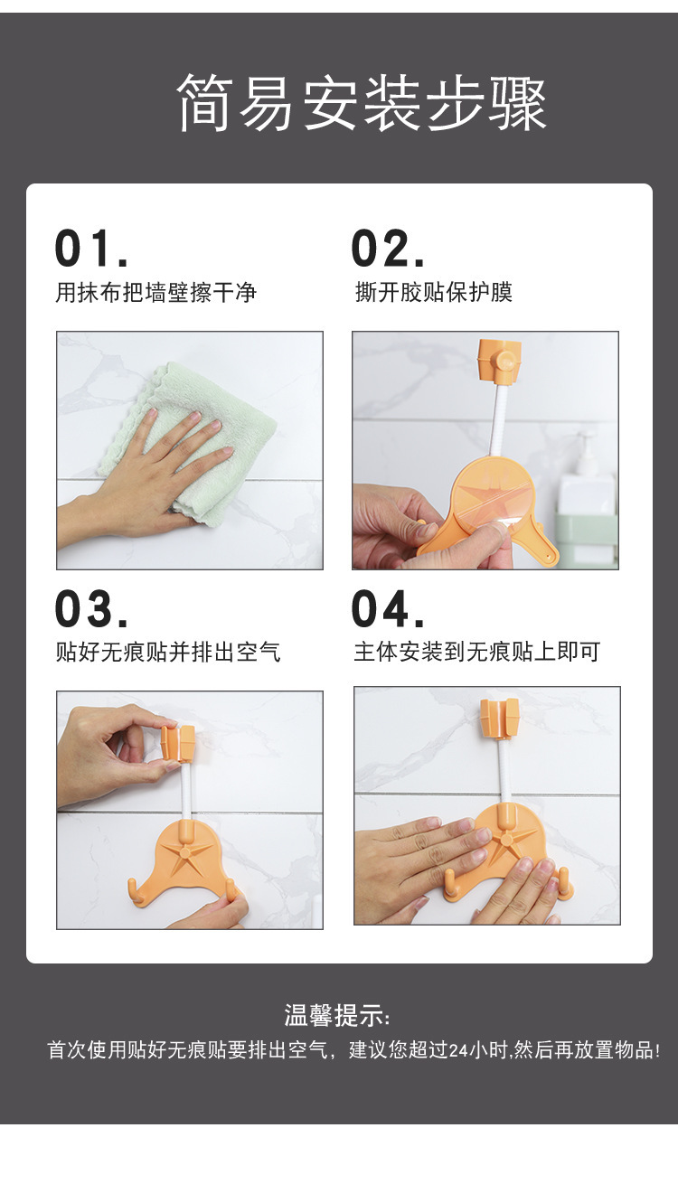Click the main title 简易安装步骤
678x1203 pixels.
(362, 102)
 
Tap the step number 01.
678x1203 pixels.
(92, 248)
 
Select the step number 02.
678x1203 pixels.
(388, 248)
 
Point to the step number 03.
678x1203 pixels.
(92, 608)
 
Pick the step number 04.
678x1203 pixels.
(388, 608)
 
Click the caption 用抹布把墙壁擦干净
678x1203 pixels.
(156, 293)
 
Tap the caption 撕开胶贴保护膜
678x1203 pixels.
(434, 292)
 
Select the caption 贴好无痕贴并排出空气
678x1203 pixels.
(168, 652)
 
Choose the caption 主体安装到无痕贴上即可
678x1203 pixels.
(476, 652)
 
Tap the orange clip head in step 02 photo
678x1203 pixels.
(500, 359)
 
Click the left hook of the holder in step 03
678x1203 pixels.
(135, 890)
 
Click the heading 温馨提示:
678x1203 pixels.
(337, 1015)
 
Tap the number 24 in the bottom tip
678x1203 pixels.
(459, 1050)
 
